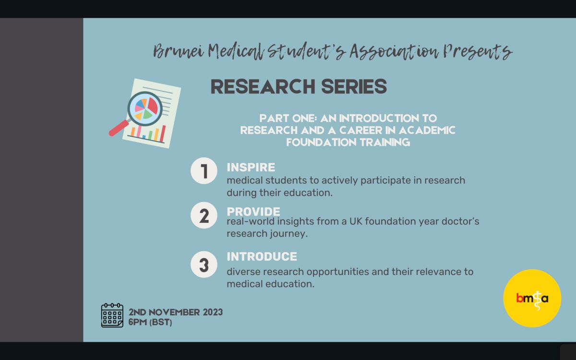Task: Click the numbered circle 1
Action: [204, 171]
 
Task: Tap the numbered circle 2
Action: [204, 215]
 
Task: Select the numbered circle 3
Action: [204, 264]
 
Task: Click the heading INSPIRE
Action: [251, 168]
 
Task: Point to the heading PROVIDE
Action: [253, 212]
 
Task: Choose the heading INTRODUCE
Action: [262, 256]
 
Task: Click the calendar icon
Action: [112, 315]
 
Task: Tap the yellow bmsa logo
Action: [532, 298]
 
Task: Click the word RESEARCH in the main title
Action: [263, 86]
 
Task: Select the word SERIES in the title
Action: [354, 86]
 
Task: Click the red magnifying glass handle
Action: [119, 128]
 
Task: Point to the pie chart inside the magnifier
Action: [146, 108]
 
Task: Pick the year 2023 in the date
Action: [213, 312]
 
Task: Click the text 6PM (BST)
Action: [150, 322]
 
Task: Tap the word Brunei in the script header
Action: [179, 51]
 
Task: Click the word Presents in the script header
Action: [477, 51]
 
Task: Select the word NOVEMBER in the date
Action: [174, 312]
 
